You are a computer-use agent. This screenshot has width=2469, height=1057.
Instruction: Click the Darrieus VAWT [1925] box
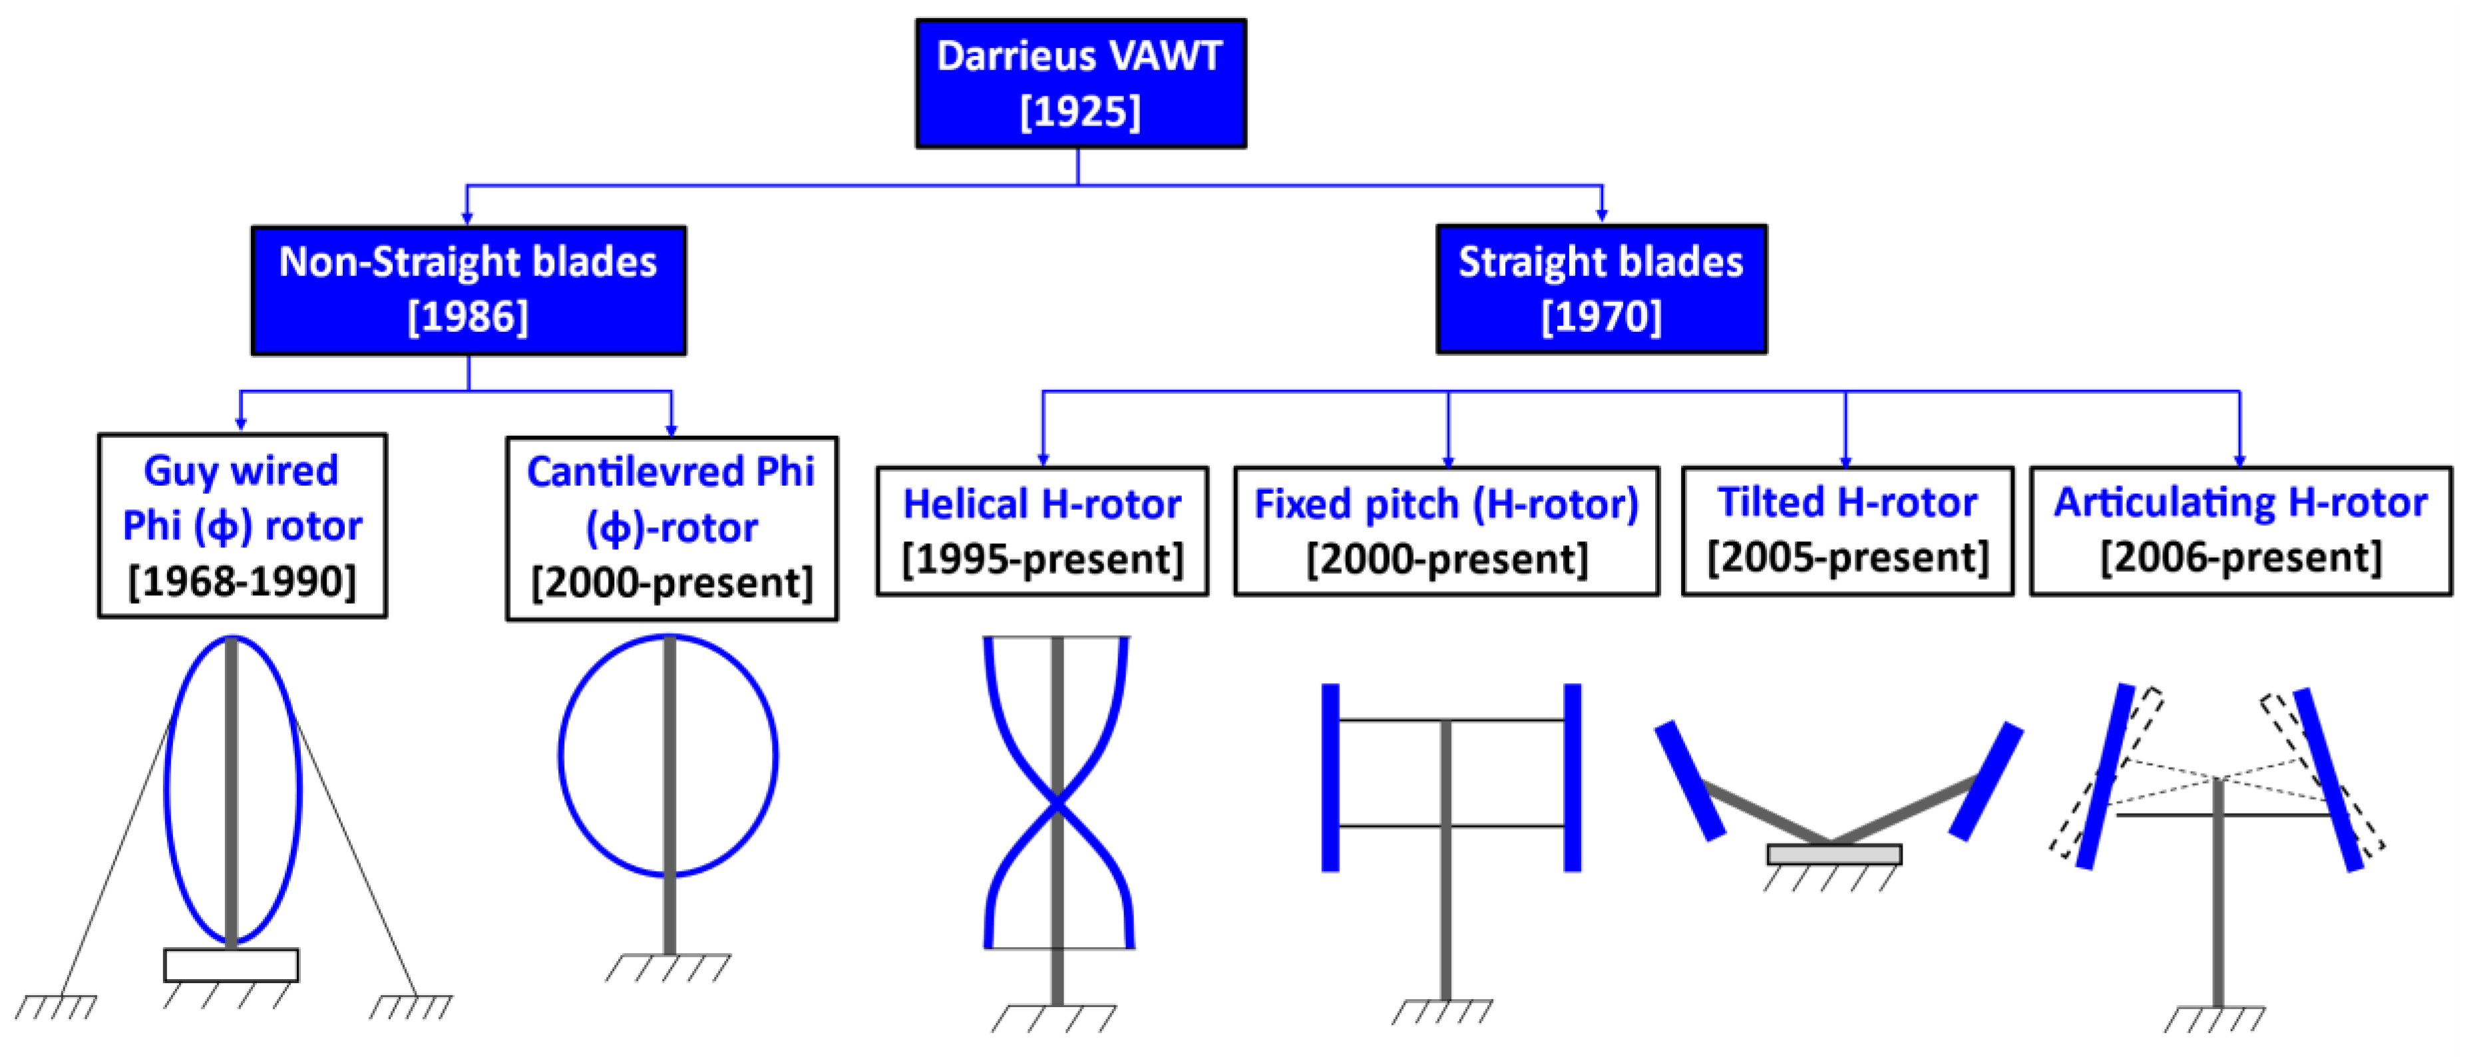1080,83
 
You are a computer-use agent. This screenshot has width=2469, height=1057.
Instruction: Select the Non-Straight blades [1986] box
468,291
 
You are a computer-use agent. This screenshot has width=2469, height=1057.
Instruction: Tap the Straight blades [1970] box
1601,289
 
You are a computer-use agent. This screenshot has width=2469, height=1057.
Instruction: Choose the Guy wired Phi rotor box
242,525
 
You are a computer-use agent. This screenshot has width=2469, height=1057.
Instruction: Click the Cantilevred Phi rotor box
671,528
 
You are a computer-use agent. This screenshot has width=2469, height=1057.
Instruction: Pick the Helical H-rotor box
1042,531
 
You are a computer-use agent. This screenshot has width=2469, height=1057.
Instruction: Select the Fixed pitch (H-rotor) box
1446,531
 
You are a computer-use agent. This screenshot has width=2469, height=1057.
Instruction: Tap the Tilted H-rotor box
1847,530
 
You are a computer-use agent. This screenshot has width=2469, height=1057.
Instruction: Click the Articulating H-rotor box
2240,530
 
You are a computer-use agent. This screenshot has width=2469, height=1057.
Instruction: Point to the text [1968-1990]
242,581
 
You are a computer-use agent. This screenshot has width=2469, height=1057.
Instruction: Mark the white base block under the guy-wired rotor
231,964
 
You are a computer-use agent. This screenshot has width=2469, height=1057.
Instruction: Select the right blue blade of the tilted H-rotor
1986,781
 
